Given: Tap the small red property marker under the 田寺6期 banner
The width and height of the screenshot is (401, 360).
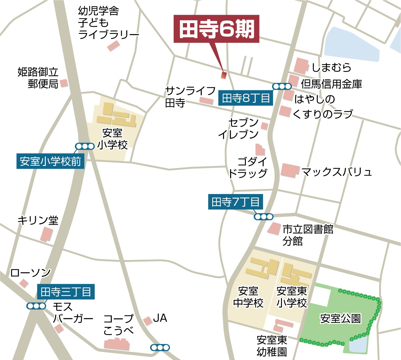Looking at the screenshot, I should coord(224,75).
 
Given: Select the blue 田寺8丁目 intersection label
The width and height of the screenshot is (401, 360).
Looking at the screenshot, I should coord(246,98).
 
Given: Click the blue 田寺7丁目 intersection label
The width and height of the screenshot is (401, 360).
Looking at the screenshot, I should coord(235,202).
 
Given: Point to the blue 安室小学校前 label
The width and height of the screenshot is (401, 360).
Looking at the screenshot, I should coord(50,161).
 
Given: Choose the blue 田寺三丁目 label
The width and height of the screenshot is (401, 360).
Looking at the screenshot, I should coord(66,292).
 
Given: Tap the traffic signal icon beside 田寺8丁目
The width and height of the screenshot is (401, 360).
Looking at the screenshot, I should coord(282,87).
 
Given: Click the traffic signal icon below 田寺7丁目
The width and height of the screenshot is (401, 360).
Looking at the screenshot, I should coord(263,217).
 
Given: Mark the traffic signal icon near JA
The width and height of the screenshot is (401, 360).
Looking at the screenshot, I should coord(160,348).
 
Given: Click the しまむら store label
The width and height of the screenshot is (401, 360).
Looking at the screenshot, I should coord(331,67).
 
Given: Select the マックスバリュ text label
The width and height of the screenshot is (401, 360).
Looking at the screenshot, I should coord(336,172).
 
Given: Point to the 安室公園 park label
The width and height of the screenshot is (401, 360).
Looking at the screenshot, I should coord(340,318).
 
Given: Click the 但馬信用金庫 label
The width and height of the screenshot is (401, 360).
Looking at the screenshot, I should coord(331,84).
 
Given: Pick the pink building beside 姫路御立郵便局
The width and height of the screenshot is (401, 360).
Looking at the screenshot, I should coord(64,83).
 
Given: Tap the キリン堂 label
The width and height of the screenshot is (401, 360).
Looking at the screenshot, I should coord(38,220).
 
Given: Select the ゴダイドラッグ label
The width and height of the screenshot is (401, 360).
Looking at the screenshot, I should coord(248,167).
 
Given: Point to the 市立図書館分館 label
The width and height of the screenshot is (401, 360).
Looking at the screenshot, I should coord(308,235).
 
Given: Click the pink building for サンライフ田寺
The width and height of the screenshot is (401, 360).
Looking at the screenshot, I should coord(206,101).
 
